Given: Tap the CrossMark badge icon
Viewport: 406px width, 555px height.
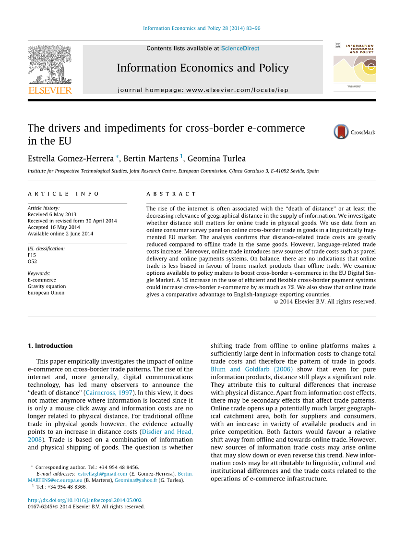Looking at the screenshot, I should [341, 132].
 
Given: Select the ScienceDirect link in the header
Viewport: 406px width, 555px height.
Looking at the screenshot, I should [240, 49].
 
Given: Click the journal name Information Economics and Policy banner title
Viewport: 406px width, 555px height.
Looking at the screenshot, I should [203, 68].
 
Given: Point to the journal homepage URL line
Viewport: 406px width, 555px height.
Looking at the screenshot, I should [203, 90].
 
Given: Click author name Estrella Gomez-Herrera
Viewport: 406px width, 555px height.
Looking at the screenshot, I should [71, 159].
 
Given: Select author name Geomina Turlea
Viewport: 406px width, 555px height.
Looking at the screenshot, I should [216, 159].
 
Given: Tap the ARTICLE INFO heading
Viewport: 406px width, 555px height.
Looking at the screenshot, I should [63, 194].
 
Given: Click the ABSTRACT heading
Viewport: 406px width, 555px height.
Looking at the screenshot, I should [171, 194].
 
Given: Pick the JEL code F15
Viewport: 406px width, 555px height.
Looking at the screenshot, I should [32, 255].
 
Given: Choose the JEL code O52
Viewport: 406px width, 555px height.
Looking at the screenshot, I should [32, 262].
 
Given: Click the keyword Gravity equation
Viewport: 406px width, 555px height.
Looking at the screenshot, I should [47, 286].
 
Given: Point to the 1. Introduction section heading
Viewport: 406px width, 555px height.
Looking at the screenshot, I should [50, 345].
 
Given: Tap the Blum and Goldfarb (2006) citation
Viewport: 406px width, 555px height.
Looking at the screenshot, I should [251, 370].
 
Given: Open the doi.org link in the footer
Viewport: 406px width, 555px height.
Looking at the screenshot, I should [84, 500].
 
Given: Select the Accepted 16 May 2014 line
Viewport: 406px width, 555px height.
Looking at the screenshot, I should [54, 227].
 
